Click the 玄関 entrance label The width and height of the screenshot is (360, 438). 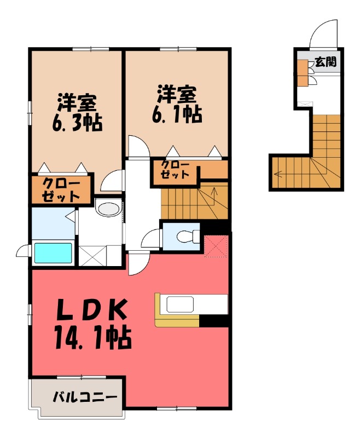326,61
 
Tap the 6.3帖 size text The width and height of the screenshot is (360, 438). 77,122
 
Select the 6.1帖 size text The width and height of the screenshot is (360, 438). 177,114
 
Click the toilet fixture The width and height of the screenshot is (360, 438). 189,237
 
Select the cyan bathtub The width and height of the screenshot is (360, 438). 53,253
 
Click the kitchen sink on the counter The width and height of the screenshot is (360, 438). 181,304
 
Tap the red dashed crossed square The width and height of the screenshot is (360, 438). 216,246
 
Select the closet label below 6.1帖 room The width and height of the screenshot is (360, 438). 176,170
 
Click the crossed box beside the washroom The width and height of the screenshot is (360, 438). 92,256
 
